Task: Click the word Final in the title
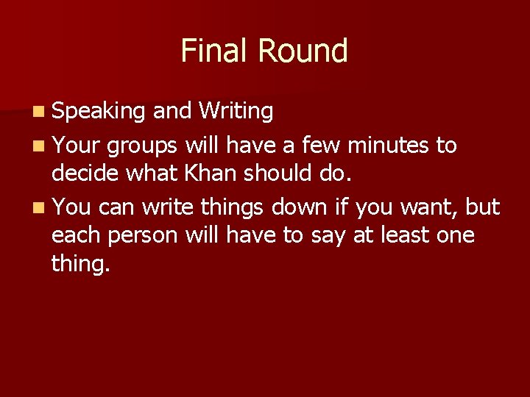click(x=213, y=51)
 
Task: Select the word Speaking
click(x=99, y=112)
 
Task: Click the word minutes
click(x=389, y=146)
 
